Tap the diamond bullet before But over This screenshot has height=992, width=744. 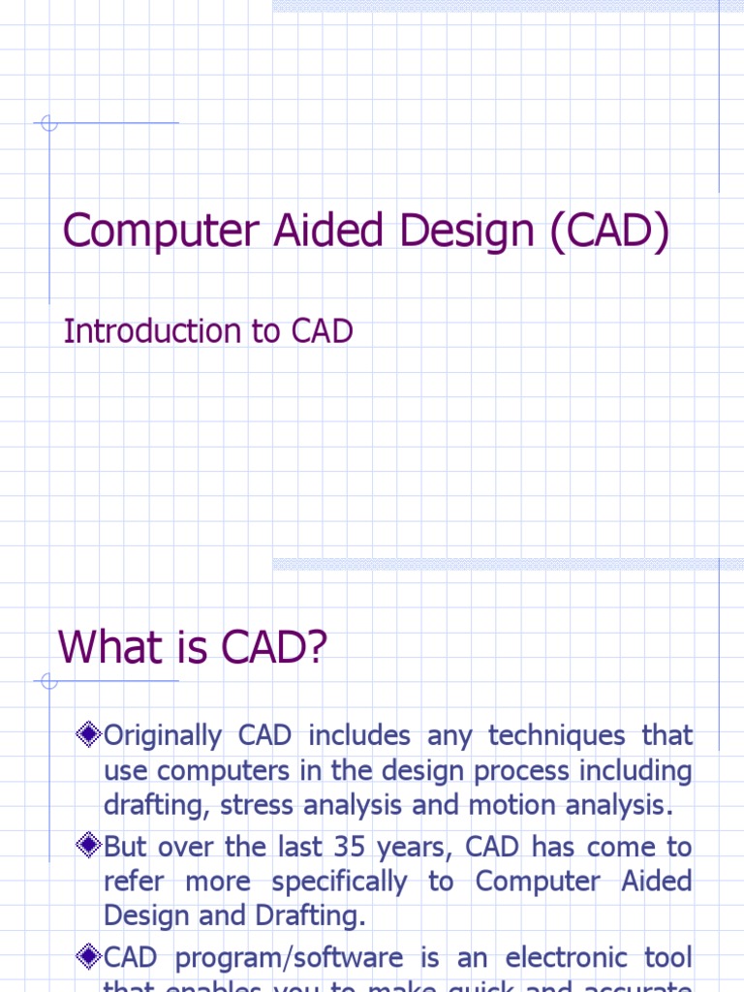[88, 847]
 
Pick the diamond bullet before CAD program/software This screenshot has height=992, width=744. [88, 958]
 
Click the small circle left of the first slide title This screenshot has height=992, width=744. [49, 123]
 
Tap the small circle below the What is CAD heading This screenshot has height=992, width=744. [49, 681]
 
